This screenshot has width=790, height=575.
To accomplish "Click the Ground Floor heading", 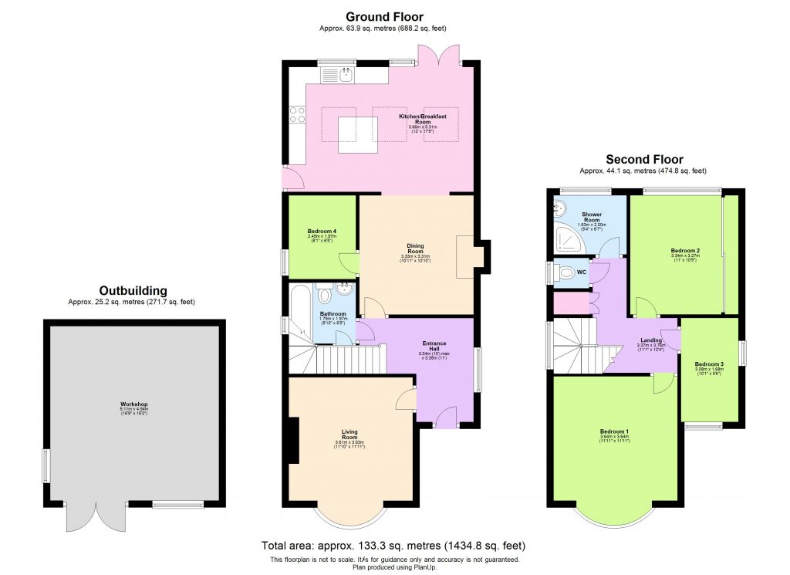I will [383, 16].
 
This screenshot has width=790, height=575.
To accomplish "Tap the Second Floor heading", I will [644, 159].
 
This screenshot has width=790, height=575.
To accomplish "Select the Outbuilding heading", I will [133, 290].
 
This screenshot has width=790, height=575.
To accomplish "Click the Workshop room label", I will [133, 404].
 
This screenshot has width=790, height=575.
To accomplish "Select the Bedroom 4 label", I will [322, 232].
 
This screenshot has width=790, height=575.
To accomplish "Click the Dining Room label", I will [415, 247].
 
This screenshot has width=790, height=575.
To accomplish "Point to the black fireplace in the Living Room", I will [292, 440].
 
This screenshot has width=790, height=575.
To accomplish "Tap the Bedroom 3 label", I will [708, 364].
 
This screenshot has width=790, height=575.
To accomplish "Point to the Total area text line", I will [394, 545].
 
